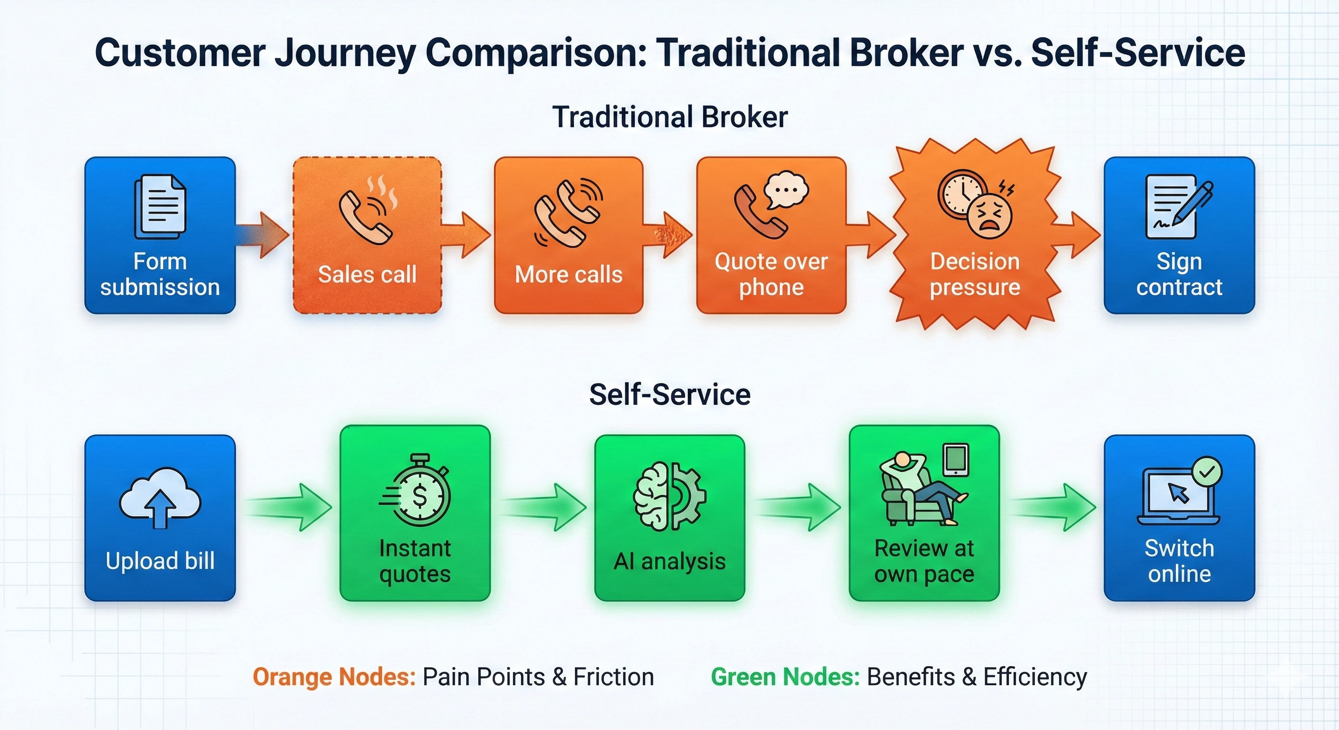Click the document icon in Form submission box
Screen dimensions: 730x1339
(x=160, y=206)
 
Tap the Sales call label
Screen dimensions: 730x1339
(x=367, y=274)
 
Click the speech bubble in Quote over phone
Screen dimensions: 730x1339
(x=786, y=189)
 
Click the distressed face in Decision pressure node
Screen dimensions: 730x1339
(x=990, y=216)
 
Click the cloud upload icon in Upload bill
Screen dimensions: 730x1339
(x=160, y=499)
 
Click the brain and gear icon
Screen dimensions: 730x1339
(x=669, y=496)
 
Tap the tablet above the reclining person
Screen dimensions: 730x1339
(x=955, y=459)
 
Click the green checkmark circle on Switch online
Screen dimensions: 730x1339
(x=1206, y=472)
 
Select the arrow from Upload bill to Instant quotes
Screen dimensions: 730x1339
(x=289, y=507)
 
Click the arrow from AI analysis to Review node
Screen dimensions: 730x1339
(x=798, y=507)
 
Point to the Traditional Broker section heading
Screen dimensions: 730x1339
(x=669, y=117)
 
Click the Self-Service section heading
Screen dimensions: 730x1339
(x=669, y=394)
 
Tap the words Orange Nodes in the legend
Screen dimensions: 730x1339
(x=334, y=677)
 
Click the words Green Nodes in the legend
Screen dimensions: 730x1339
(x=785, y=677)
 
